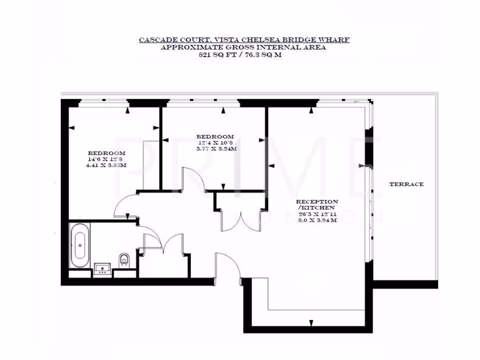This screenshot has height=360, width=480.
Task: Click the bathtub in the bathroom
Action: [x=80, y=245]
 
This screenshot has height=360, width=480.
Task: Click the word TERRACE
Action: [x=406, y=184]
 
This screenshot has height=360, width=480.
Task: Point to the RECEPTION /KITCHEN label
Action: [x=316, y=204]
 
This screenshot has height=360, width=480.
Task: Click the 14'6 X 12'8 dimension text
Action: [x=107, y=159]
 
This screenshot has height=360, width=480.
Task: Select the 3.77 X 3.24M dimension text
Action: [x=215, y=149]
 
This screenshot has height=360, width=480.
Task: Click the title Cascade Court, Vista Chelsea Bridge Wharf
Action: [x=244, y=40]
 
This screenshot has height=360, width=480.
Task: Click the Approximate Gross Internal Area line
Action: [x=244, y=47]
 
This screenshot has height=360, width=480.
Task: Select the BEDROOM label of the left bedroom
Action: [x=107, y=153]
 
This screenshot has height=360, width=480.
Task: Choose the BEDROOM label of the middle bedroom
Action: [x=215, y=136]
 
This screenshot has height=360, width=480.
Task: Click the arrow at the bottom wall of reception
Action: [x=311, y=323]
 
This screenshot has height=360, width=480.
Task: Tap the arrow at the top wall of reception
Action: [x=311, y=110]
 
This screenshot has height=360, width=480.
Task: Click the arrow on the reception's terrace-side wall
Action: [x=361, y=165]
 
